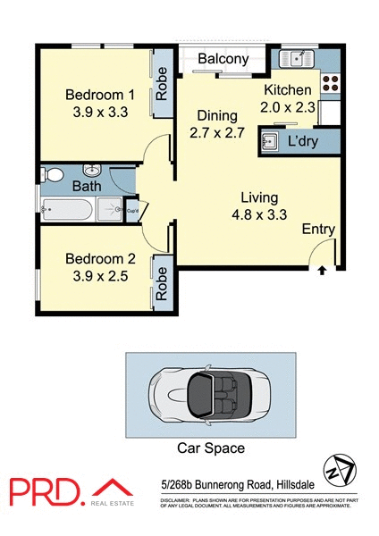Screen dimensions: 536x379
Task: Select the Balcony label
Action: coord(223,59)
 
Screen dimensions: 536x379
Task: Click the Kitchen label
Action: coord(288,90)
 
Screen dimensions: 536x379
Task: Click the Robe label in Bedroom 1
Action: coord(163,84)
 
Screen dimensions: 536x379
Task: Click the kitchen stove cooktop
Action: coord(328,83)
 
